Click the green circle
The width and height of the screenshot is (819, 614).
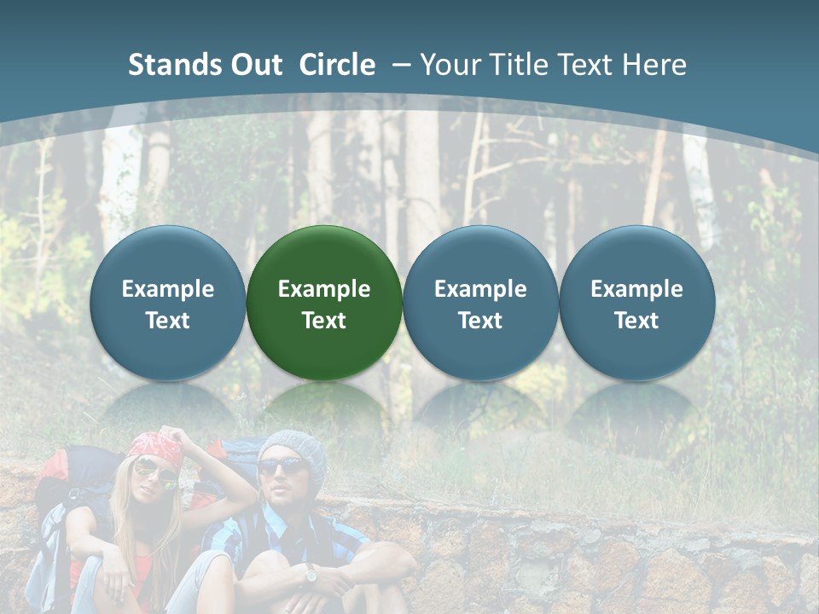point(324,302)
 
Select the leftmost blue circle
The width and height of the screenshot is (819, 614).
point(167,302)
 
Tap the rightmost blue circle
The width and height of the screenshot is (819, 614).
point(636,302)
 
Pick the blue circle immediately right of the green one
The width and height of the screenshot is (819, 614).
point(480,302)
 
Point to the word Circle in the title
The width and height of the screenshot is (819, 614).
point(337,65)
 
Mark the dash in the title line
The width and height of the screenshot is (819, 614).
point(401,65)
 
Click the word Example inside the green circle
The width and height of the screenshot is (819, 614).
point(324,289)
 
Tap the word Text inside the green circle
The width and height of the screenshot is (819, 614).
point(324,321)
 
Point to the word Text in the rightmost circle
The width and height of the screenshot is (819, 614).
point(636,321)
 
